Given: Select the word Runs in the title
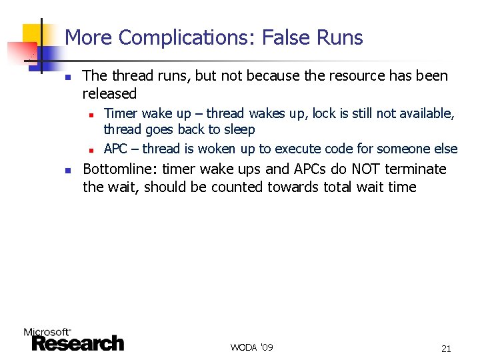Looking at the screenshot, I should (x=341, y=38).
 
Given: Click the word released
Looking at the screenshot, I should (x=109, y=94).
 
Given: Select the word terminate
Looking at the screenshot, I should (x=413, y=169).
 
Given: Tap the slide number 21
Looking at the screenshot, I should (x=446, y=348).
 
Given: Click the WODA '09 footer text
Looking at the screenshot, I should (x=251, y=347).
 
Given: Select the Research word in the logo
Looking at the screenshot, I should (x=77, y=343).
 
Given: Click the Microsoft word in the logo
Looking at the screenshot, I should (x=47, y=331).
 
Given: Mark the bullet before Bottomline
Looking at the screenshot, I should (x=67, y=171).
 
